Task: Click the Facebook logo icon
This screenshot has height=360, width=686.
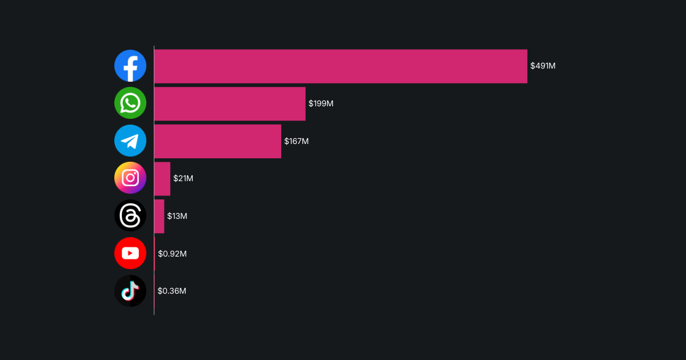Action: tap(130, 66)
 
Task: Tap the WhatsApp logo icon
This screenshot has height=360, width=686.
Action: tap(130, 103)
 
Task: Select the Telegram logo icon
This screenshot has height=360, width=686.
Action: tap(130, 141)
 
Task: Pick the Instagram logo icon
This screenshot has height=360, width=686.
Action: tap(130, 178)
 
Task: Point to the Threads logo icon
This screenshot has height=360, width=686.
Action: tap(130, 216)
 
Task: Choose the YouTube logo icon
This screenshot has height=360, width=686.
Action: tap(130, 253)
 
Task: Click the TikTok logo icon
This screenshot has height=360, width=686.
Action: tap(130, 291)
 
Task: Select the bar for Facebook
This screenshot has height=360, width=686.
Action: tap(341, 66)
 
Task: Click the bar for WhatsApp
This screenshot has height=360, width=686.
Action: tap(230, 104)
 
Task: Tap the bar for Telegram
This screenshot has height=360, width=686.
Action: tap(218, 141)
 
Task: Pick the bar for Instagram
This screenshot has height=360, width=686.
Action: tap(162, 179)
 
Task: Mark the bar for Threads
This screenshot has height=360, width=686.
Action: tap(159, 216)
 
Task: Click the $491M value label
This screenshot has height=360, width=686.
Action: tap(543, 66)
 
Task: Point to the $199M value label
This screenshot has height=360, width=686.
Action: tap(321, 103)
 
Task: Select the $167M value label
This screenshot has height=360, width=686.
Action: tap(296, 141)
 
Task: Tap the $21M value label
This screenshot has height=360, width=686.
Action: tap(183, 178)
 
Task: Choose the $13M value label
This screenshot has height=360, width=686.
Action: tap(177, 216)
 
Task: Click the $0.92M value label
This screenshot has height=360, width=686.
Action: tap(172, 254)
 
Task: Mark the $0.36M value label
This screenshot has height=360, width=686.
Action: tap(171, 291)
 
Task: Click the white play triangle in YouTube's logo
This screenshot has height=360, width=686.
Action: tap(131, 253)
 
